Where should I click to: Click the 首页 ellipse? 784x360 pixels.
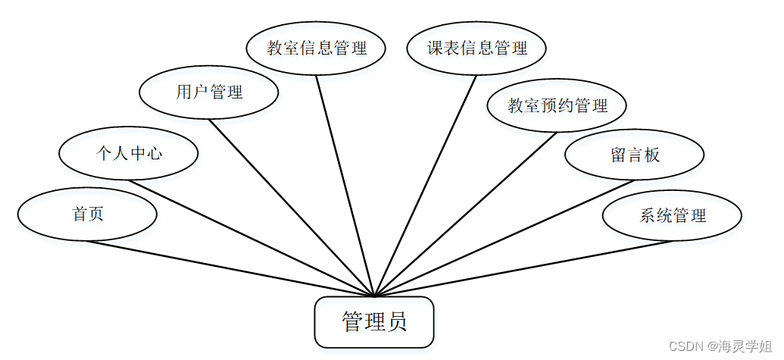click(x=87, y=214)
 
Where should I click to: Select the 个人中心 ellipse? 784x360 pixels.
click(x=129, y=154)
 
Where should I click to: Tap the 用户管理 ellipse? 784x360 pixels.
click(x=209, y=92)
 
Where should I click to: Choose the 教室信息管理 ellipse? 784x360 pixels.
click(x=317, y=49)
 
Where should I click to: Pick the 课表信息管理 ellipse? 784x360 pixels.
click(x=476, y=49)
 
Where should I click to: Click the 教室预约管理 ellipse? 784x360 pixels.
click(x=557, y=105)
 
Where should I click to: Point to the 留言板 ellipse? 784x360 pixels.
click(x=635, y=155)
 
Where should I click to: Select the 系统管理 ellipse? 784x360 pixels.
click(x=672, y=215)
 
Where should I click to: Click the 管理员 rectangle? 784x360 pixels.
click(x=374, y=322)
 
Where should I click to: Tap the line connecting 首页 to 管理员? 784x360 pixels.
click(x=231, y=268)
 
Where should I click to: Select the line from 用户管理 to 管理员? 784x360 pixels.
click(x=292, y=207)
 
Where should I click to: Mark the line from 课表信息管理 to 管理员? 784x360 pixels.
click(x=426, y=185)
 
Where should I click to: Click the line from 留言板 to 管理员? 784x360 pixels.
click(x=504, y=237)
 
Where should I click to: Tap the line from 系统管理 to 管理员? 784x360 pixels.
click(x=523, y=268)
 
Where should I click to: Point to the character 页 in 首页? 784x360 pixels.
click(x=95, y=214)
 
